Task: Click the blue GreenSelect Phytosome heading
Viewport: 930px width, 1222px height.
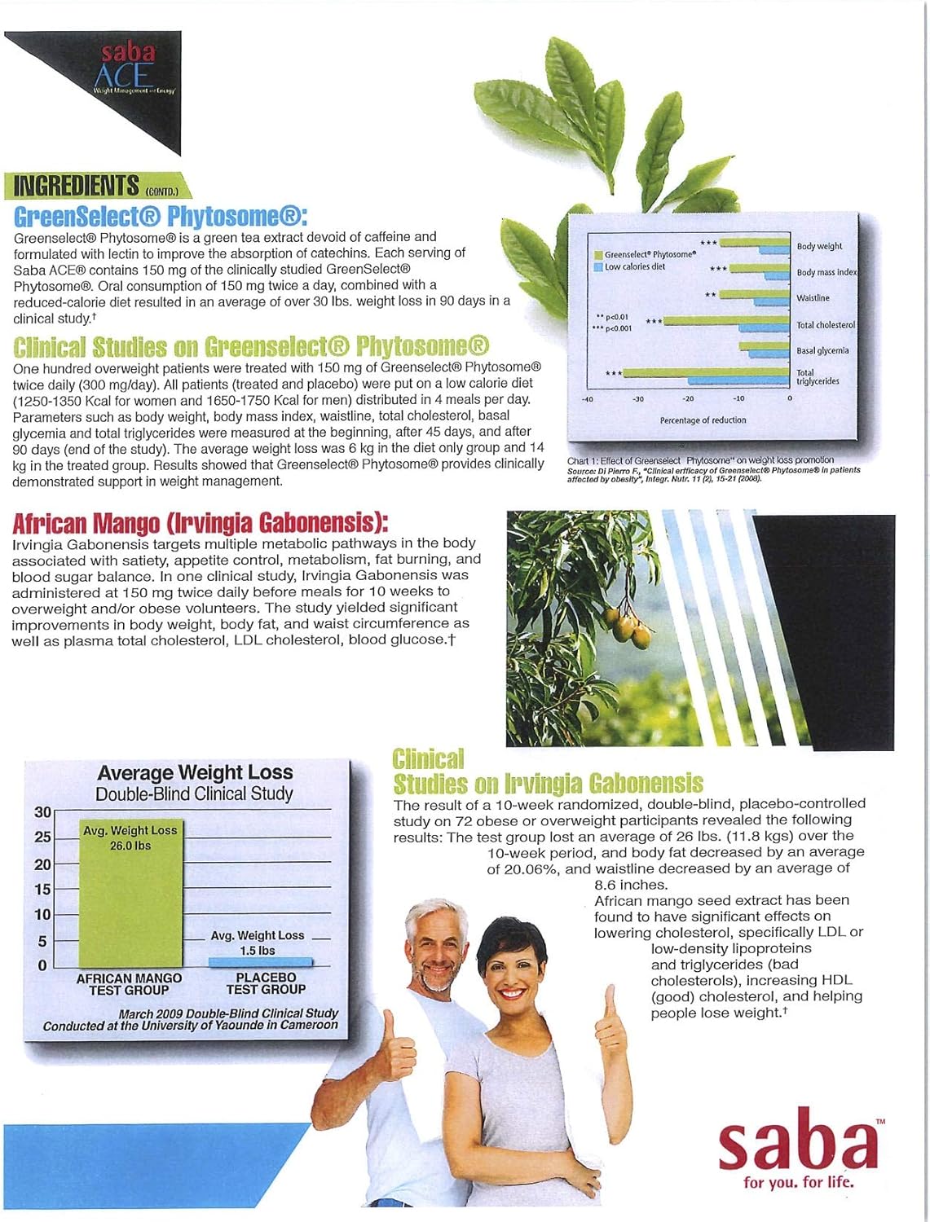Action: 161,216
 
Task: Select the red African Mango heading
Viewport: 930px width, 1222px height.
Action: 200,521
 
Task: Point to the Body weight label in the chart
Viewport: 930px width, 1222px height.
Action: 819,246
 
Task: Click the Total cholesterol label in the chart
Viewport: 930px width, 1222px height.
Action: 826,325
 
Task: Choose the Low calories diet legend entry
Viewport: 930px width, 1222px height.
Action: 635,266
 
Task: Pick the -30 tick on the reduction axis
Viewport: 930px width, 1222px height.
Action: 637,399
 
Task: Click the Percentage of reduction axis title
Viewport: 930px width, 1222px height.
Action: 703,420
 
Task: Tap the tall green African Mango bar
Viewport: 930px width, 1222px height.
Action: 130,904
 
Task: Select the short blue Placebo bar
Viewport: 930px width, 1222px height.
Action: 260,962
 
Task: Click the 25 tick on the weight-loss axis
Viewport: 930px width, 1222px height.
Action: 42,837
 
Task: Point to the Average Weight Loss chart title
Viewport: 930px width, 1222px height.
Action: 195,772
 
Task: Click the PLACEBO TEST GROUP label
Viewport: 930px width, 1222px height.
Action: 266,983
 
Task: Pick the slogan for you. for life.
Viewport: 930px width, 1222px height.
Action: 799,1182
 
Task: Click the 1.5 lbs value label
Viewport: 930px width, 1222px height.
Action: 257,951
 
